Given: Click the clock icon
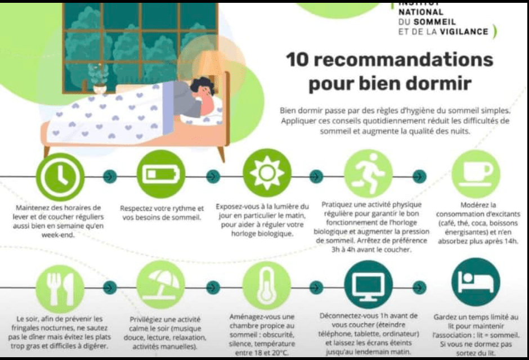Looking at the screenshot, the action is [60, 177].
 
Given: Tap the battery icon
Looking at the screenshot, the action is [161, 174].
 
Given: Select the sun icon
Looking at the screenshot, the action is [267, 173].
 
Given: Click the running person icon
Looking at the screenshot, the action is [369, 173].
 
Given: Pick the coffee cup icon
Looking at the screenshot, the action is [476, 174].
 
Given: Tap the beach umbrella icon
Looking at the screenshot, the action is [160, 285].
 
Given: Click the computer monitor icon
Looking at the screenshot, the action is [369, 284].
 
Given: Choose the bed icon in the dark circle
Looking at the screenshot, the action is [476, 282].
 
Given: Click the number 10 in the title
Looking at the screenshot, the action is [297, 59].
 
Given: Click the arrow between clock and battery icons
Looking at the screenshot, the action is [110, 176].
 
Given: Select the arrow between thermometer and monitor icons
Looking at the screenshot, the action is [316, 287].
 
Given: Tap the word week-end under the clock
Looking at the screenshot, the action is [58, 235].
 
